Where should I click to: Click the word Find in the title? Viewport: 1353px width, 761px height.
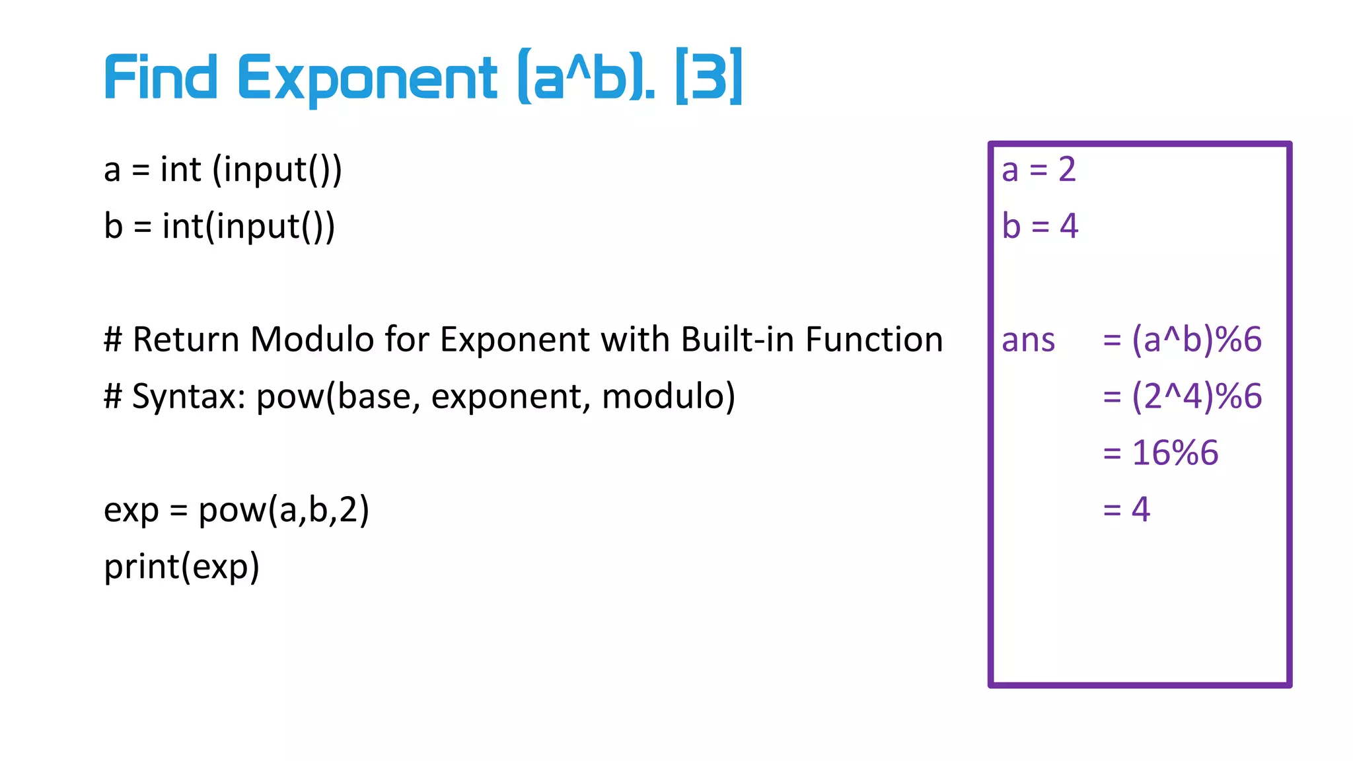coord(161,78)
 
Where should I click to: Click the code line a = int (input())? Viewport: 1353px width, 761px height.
coord(223,170)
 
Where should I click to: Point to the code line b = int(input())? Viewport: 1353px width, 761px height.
coord(219,227)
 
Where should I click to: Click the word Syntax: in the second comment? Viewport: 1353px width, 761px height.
coord(189,396)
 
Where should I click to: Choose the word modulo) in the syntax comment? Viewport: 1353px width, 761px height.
coord(668,396)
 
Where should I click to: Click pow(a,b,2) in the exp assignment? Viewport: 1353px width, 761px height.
coord(283,510)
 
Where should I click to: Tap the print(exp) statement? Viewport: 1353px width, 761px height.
coord(182,567)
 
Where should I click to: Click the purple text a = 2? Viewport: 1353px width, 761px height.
coord(1039,170)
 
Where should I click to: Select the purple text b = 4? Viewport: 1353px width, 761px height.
coord(1040,227)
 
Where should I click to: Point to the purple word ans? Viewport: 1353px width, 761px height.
coord(1028,340)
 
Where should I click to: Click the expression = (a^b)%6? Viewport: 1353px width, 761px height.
coord(1182,340)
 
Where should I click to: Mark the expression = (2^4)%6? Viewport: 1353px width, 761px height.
coord(1182,396)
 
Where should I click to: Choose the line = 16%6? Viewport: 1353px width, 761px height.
coord(1160,453)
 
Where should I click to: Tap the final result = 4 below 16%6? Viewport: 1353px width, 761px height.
coord(1126,509)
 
